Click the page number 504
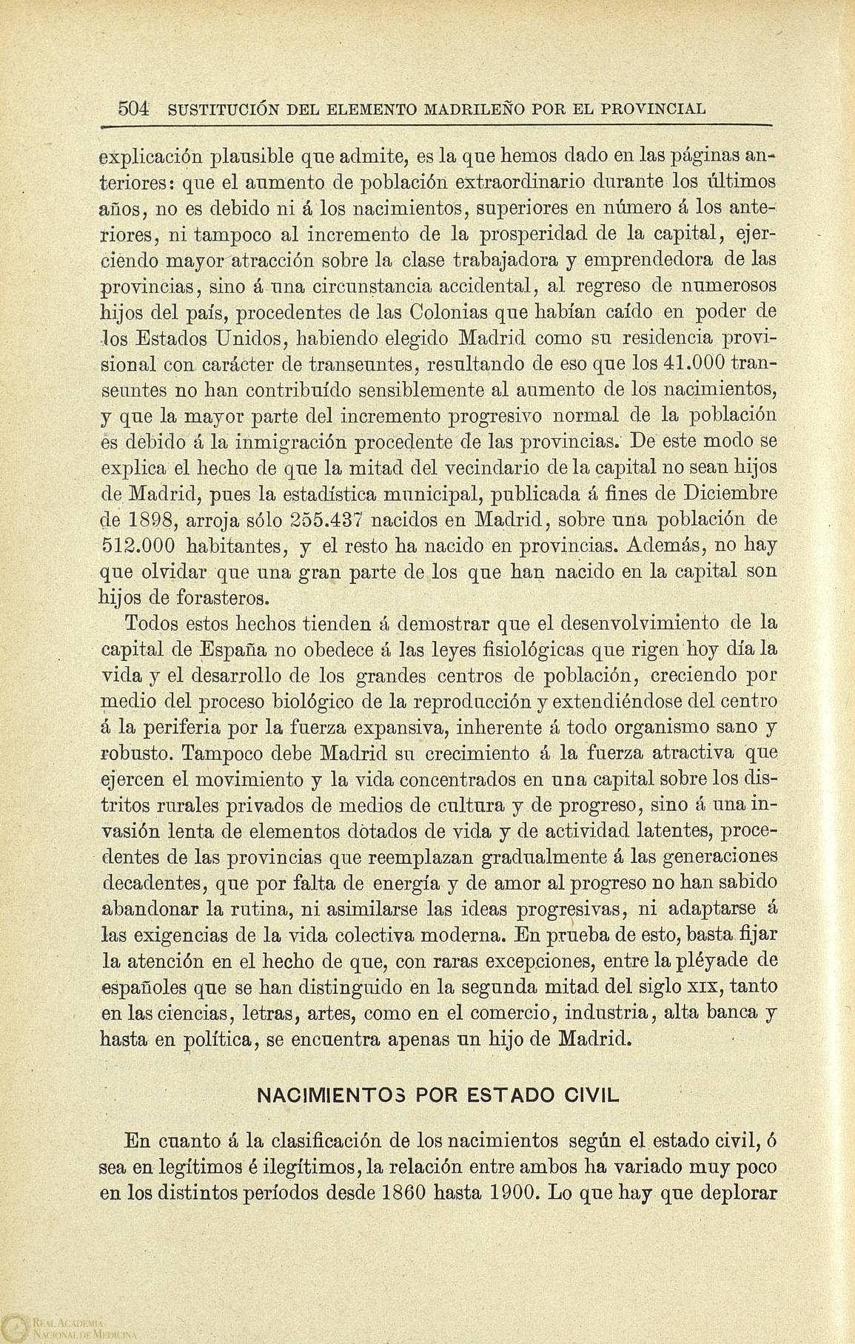pyautogui.click(x=135, y=109)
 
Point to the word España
pyautogui.click(x=234, y=650)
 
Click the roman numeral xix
pyautogui.click(x=703, y=987)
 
